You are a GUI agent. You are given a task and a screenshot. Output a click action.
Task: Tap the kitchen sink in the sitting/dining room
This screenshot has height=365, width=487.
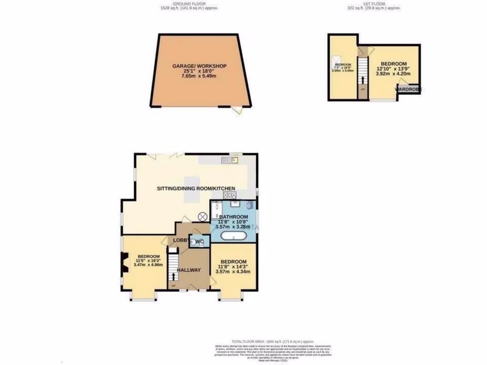pos(232,160)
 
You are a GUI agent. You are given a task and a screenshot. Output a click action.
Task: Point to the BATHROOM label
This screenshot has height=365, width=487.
pos(233,216)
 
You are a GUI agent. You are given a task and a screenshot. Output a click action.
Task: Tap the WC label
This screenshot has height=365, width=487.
pos(200,242)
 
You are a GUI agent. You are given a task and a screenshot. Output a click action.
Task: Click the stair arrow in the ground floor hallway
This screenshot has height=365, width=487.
pos(173,277)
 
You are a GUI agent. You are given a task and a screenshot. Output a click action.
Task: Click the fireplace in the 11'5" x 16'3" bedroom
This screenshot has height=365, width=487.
pos(125,263)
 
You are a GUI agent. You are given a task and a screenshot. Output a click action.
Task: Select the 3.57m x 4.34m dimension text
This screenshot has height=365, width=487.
pos(233,272)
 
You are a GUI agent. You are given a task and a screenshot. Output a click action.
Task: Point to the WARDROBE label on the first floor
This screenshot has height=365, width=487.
pos(409,89)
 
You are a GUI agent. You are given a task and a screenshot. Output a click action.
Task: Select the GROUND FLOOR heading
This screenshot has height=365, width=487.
pos(189,4)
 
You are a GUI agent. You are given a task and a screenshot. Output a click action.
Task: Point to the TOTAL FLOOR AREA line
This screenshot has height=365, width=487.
pos(273,342)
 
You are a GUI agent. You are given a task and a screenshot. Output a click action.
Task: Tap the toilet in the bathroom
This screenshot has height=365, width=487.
pos(249,205)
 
